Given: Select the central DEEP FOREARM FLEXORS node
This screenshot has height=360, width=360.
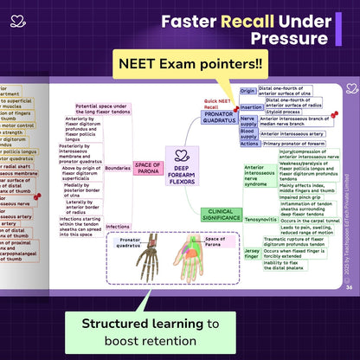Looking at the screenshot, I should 182,165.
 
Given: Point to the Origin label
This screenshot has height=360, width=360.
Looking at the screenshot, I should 247,90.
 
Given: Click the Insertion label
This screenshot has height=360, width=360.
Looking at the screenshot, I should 251,106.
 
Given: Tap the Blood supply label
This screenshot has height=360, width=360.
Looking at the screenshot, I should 247,133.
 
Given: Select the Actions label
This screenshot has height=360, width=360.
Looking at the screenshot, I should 249,144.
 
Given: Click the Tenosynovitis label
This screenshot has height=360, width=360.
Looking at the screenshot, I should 260,219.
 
